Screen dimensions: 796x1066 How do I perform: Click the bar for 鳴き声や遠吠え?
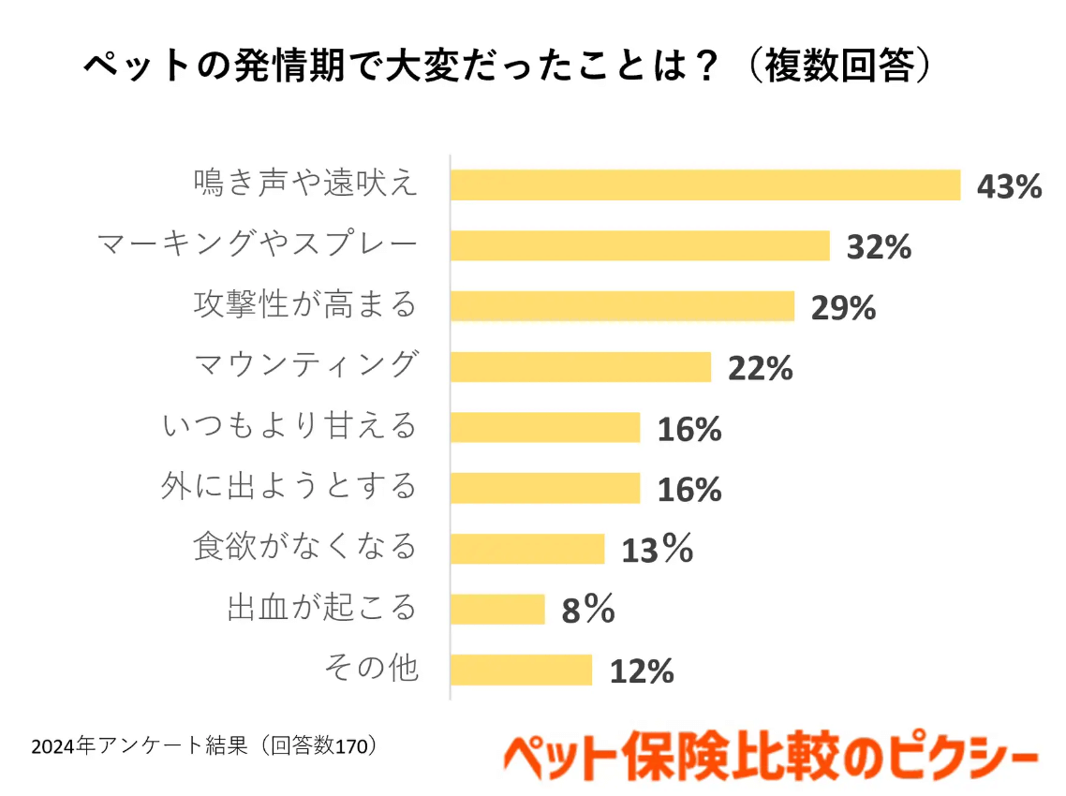(705, 185)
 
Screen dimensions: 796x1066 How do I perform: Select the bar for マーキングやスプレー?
(640, 246)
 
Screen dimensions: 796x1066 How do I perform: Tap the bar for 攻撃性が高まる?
(622, 306)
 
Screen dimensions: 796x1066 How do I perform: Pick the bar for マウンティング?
(581, 367)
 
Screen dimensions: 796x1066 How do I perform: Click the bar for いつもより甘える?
(545, 428)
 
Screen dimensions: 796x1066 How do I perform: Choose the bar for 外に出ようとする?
(545, 488)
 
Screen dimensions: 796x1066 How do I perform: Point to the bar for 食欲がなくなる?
(527, 549)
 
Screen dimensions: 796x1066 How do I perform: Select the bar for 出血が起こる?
(497, 610)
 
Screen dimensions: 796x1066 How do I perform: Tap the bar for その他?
(521, 670)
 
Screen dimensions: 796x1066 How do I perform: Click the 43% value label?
(1009, 186)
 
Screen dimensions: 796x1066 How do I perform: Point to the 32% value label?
(879, 247)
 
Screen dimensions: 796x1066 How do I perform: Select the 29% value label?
(843, 307)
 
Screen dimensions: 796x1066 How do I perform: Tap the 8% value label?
(587, 611)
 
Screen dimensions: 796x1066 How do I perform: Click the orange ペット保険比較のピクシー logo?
(770, 756)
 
